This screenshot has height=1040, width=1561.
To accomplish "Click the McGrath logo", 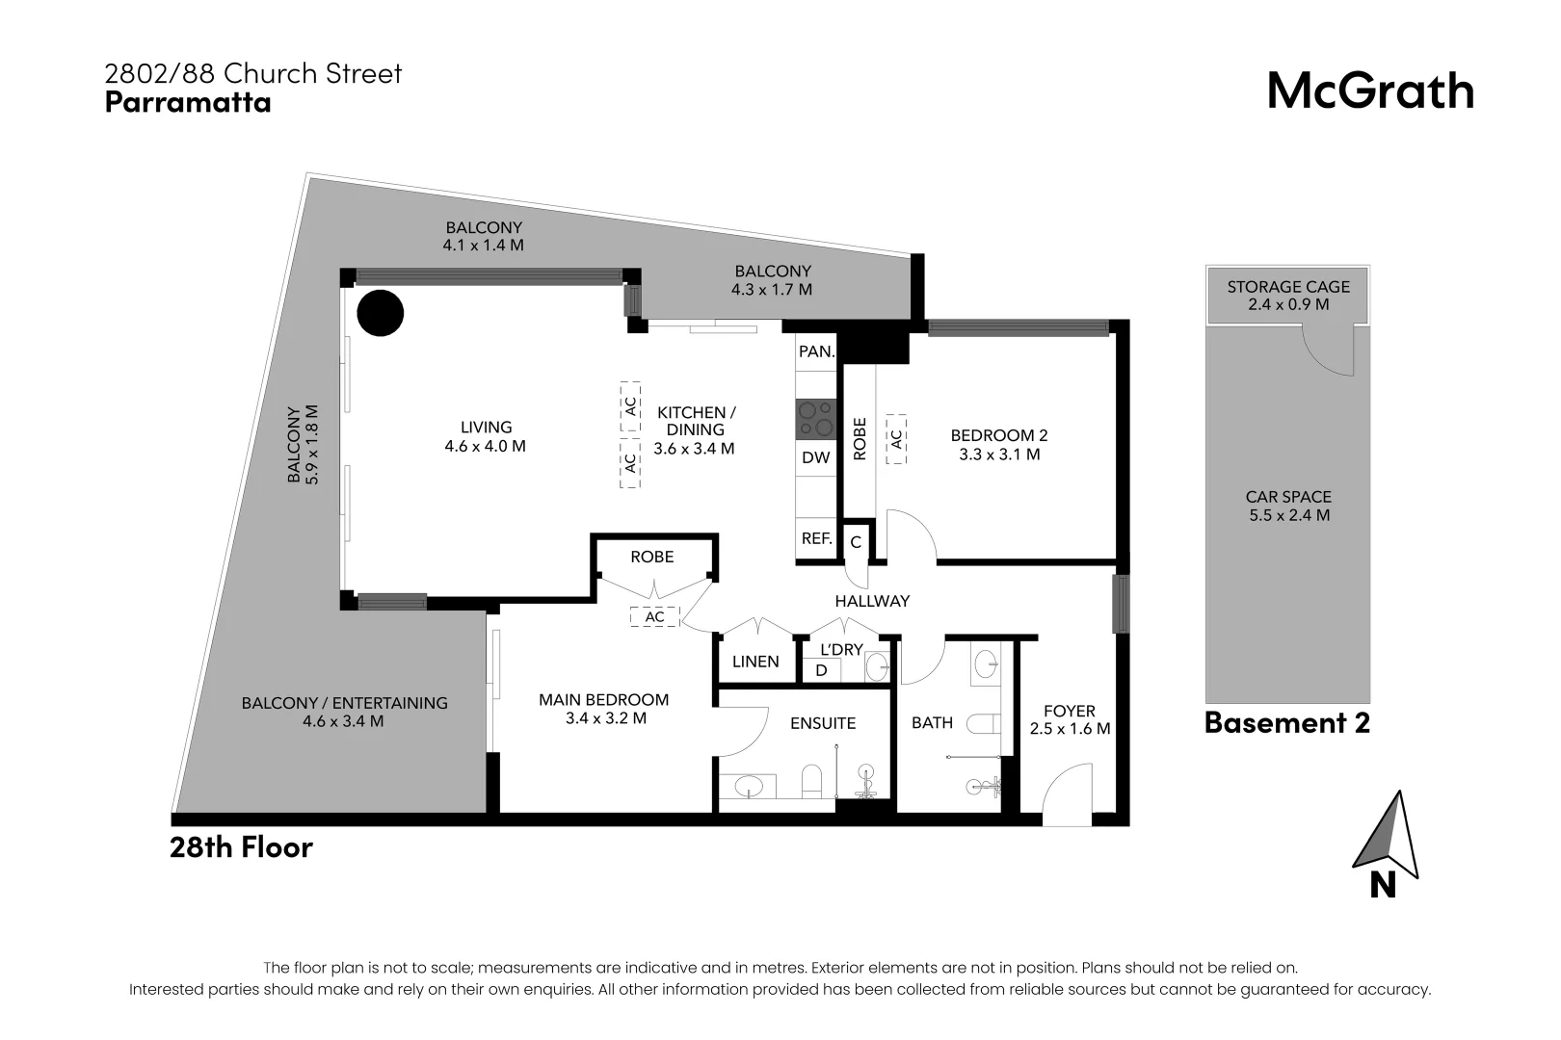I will point(1369,91).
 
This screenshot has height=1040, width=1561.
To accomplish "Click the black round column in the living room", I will point(380,313).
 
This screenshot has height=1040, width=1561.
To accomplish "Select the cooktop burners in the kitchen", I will point(815,420).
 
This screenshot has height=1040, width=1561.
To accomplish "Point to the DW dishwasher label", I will point(815,458).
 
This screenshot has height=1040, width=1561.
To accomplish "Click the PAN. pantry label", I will point(816,351).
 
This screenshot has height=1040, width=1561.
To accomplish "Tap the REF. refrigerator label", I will point(816,538).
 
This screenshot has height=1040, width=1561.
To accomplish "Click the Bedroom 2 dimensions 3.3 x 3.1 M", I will point(999,455).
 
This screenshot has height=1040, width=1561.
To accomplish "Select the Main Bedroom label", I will point(603,700).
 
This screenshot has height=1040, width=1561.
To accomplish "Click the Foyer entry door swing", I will point(1070,794).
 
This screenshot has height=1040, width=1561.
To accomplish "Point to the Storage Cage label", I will point(1287,287).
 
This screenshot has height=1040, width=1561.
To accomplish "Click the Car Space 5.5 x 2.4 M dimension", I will point(1288,515).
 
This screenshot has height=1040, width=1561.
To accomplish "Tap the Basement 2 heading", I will point(1286,722).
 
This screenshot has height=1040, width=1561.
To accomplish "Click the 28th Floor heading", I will point(241,847).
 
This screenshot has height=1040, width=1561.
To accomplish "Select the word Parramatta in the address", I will point(187,102).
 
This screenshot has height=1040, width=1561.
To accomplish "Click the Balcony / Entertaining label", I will point(344,703).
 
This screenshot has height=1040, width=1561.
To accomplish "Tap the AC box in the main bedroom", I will point(654,617).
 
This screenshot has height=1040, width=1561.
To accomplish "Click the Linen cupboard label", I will point(755,662).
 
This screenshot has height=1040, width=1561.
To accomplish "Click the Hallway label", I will point(872,601).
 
